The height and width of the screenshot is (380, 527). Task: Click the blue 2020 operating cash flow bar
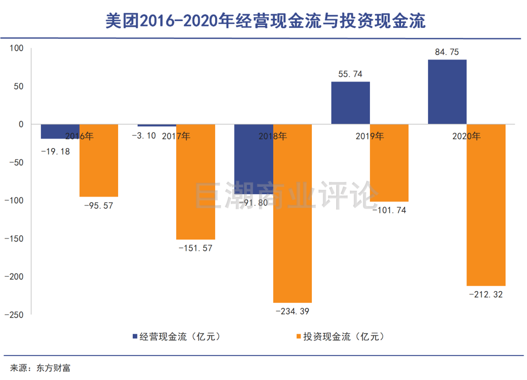pyautogui.click(x=447, y=92)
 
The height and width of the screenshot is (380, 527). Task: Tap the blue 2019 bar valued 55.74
pyautogui.click(x=350, y=102)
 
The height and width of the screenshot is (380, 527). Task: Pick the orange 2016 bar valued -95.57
pyautogui.click(x=99, y=160)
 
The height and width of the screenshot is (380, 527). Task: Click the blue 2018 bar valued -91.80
pyautogui.click(x=254, y=159)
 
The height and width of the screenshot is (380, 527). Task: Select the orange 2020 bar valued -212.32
pyautogui.click(x=486, y=205)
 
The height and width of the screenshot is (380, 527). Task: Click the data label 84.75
pyautogui.click(x=447, y=52)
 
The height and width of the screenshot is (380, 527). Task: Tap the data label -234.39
pyautogui.click(x=292, y=311)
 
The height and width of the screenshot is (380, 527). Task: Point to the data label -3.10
pyautogui.click(x=144, y=136)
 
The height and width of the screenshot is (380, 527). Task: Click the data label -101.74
pyautogui.click(x=389, y=210)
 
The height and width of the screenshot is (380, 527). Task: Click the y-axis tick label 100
pyautogui.click(x=16, y=48)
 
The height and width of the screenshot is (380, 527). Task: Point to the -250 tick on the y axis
pyautogui.click(x=14, y=315)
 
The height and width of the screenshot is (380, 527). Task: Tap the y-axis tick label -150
pyautogui.click(x=14, y=239)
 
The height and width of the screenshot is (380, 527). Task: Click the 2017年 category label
pyautogui.click(x=176, y=137)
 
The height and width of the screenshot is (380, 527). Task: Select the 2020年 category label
pyautogui.click(x=466, y=137)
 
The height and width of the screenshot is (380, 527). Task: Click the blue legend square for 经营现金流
pyautogui.click(x=135, y=337)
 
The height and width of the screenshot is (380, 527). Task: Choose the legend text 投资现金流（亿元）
pyautogui.click(x=344, y=337)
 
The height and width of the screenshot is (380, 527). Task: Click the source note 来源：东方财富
pyautogui.click(x=40, y=368)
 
